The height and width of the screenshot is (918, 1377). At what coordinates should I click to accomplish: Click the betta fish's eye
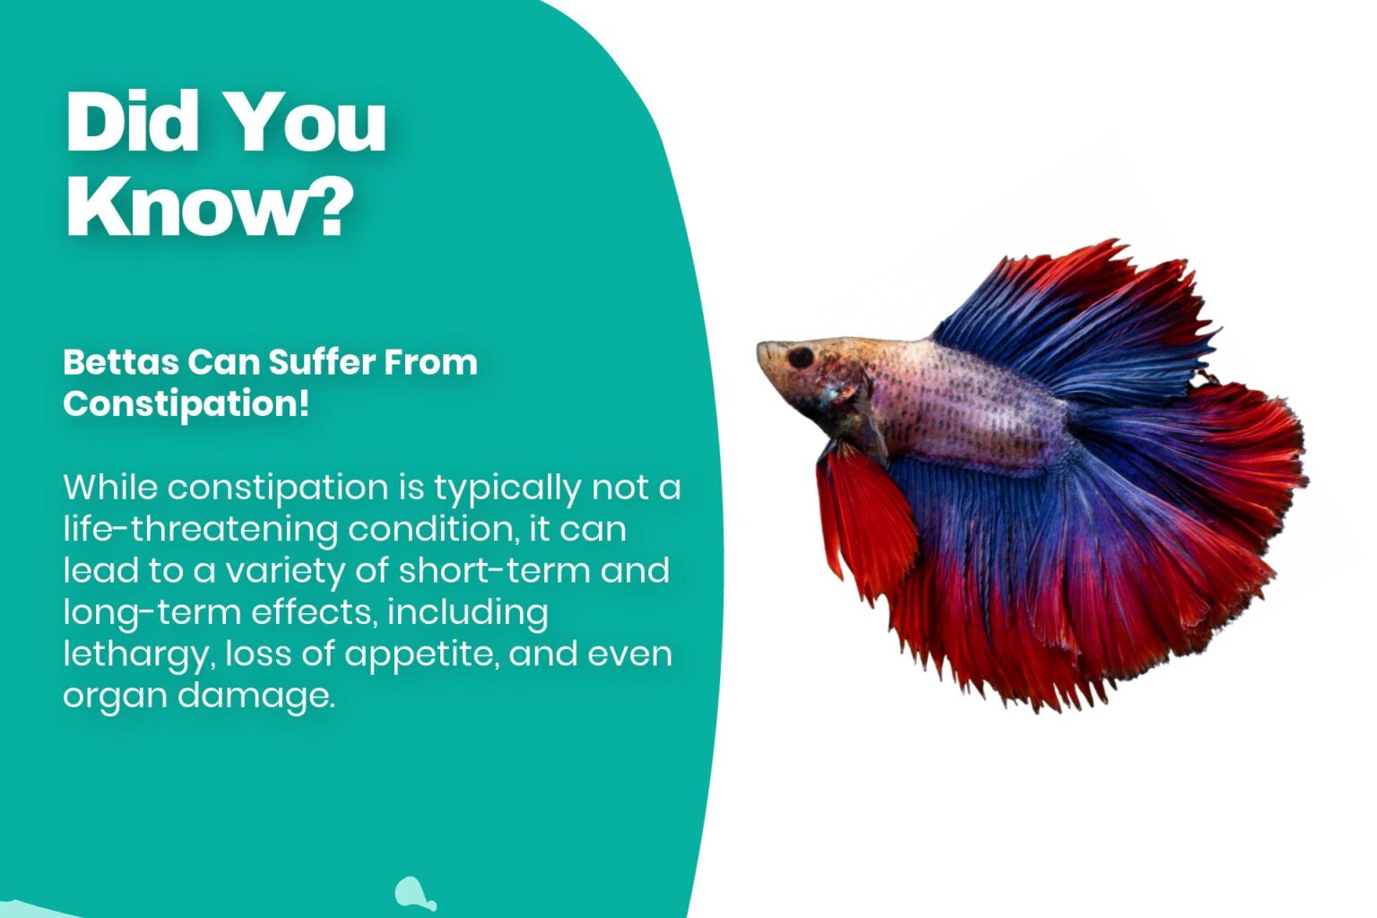(x=800, y=357)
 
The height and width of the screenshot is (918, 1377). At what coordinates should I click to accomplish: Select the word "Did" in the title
(x=131, y=122)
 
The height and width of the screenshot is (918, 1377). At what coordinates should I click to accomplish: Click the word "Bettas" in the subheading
(x=120, y=362)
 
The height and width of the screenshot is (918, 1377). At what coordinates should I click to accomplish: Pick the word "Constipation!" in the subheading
(x=186, y=403)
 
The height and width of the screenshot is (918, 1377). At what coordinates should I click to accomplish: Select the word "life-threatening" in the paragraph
(x=200, y=530)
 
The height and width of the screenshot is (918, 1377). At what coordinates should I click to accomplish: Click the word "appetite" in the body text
(x=420, y=654)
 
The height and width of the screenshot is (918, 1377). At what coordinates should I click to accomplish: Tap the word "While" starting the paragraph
(x=110, y=488)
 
